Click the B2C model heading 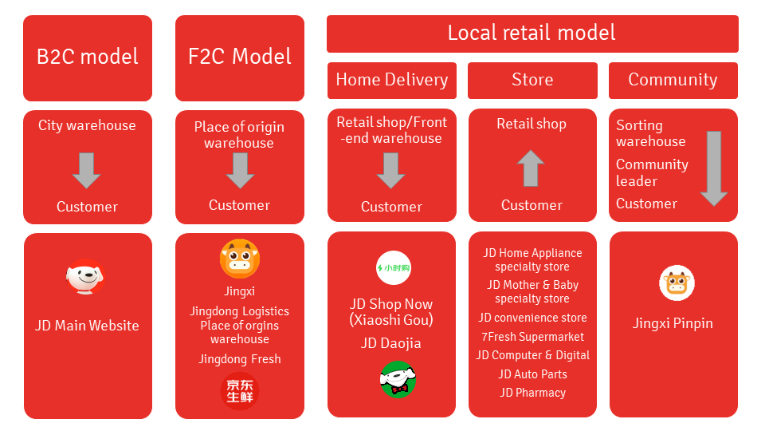(88, 57)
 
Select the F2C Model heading (240, 57)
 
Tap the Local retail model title (532, 33)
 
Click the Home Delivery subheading (391, 80)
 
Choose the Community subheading (673, 80)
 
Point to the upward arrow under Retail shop (531, 168)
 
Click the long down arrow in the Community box (713, 168)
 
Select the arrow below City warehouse (87, 170)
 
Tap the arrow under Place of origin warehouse (240, 170)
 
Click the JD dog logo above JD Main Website (85, 278)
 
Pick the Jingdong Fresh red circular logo (240, 391)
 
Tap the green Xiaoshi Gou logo (394, 268)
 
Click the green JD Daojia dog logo (398, 378)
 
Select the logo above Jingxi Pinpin (677, 283)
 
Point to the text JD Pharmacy (532, 393)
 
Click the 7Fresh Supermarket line (532, 337)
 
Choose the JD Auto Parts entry (532, 374)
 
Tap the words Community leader (652, 172)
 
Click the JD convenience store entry (532, 318)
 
